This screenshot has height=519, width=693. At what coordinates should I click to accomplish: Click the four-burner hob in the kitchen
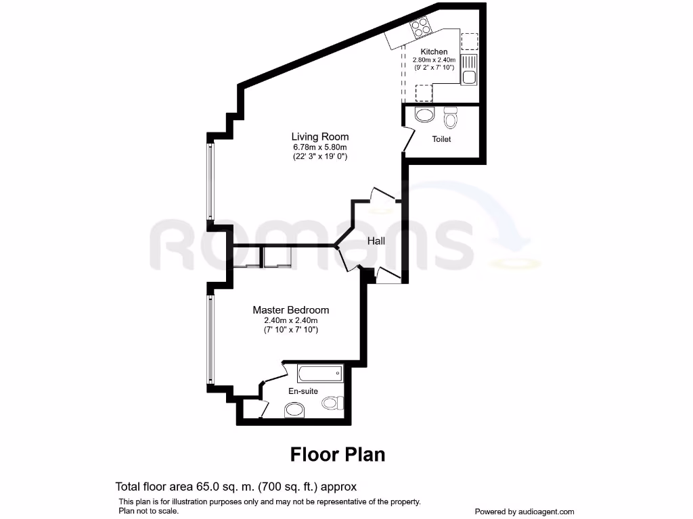[421, 29]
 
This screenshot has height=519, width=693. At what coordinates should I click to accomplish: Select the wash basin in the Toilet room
[424, 115]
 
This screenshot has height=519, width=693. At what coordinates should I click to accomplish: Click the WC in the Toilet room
[451, 119]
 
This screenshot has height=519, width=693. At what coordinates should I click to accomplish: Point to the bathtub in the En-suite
[320, 373]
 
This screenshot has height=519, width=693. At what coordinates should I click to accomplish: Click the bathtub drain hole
[338, 373]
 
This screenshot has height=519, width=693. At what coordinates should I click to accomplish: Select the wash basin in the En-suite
[294, 410]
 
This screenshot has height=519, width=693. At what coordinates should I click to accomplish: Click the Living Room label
[320, 137]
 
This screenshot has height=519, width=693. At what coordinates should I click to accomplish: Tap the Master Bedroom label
[291, 310]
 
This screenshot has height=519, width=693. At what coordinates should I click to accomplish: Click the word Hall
[376, 241]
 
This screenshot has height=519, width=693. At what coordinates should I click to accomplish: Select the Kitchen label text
[434, 51]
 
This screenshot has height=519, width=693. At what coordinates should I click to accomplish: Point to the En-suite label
[303, 391]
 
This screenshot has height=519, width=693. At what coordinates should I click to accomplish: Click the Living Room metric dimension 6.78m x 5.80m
[320, 147]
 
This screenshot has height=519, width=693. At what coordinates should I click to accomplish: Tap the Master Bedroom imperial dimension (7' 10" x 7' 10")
[291, 330]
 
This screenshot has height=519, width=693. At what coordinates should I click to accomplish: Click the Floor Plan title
[338, 454]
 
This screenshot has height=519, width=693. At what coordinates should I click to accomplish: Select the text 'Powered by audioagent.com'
[524, 512]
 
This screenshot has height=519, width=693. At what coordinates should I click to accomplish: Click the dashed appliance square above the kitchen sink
[468, 43]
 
